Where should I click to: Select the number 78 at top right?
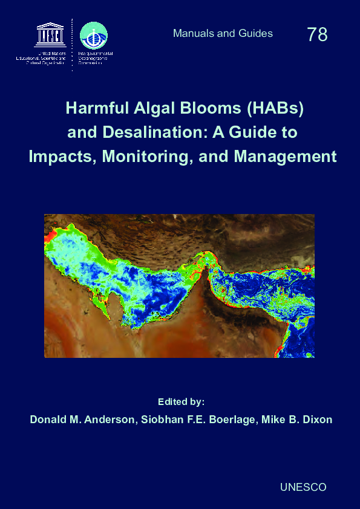click(317, 34)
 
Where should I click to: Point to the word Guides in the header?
click(256, 33)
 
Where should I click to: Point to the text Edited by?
click(182, 401)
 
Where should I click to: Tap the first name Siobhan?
click(161, 420)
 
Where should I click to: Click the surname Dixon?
click(317, 420)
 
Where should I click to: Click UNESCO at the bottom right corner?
click(304, 487)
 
